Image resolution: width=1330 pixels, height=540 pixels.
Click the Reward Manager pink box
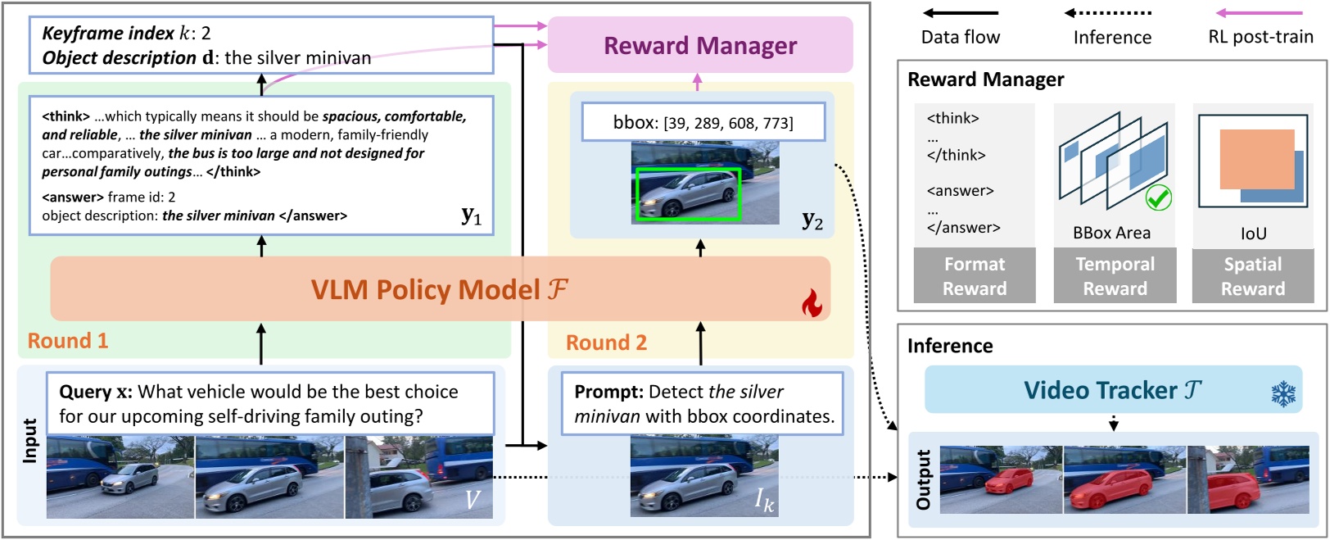point(699,45)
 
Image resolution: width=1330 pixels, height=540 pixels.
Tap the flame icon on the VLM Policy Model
point(812,303)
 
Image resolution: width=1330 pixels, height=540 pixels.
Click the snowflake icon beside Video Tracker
point(1283,393)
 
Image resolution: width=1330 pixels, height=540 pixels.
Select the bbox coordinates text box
point(703,123)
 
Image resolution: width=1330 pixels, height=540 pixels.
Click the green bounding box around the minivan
point(688,194)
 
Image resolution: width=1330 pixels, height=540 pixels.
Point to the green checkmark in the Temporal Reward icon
point(1158,197)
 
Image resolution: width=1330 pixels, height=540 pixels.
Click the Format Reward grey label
point(975,276)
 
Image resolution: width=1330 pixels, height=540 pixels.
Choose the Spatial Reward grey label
point(1253,276)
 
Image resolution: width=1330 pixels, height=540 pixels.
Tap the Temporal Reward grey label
point(1115,276)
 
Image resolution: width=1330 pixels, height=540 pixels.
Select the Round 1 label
point(68,341)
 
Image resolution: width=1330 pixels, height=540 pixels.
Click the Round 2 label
point(606,343)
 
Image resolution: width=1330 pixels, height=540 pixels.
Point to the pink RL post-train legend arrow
point(1260,13)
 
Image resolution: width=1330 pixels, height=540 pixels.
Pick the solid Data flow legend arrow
point(961,13)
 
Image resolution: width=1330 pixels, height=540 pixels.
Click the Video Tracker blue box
point(1112,390)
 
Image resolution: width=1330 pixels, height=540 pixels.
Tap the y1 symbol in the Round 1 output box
point(471,216)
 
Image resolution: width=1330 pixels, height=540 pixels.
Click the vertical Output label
point(923,479)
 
